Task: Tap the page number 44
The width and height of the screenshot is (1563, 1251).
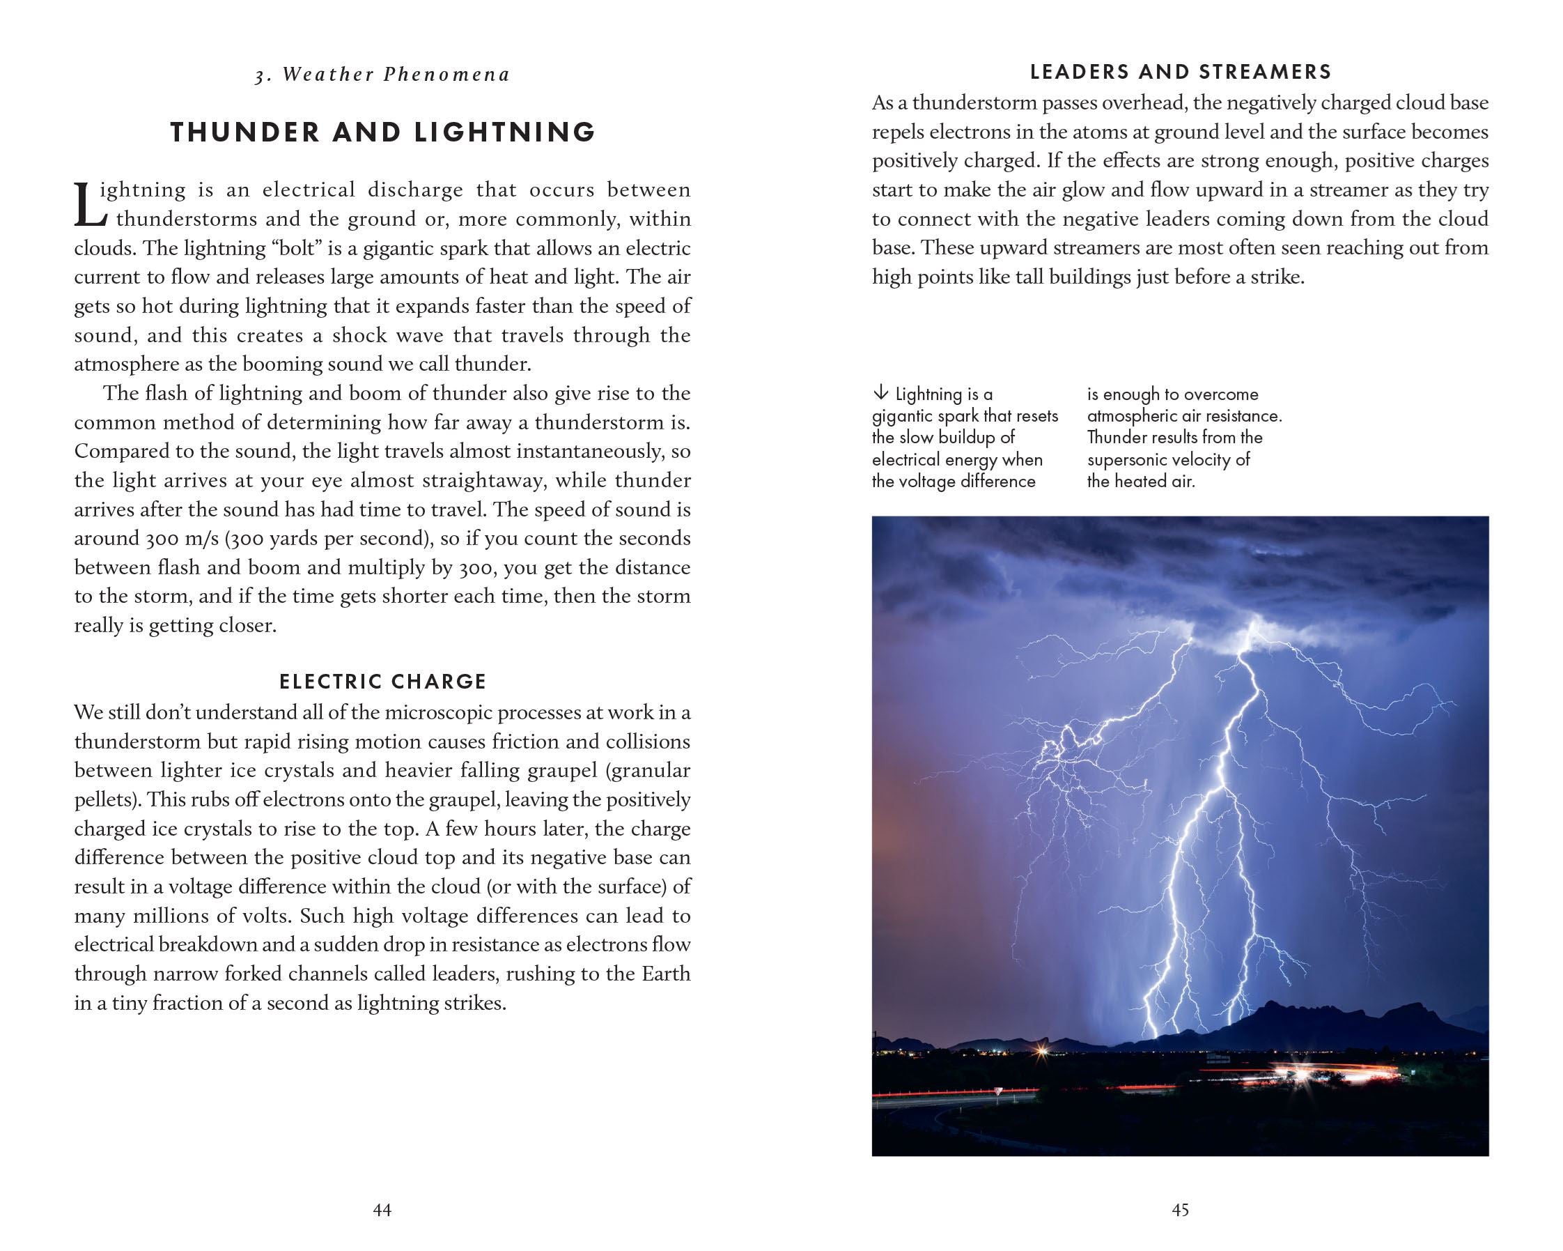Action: pyautogui.click(x=382, y=1209)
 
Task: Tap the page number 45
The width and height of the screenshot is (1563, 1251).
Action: pyautogui.click(x=1180, y=1209)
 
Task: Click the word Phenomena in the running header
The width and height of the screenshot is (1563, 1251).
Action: pyautogui.click(x=446, y=75)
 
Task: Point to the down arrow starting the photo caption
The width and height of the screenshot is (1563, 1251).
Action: pyautogui.click(x=880, y=394)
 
